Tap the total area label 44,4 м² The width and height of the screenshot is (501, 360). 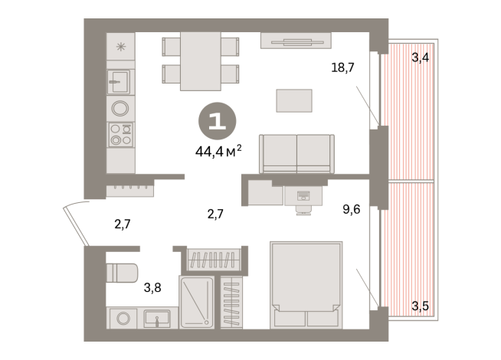218,149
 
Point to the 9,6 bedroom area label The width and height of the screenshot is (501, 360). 351,206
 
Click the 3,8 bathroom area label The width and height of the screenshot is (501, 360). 152,290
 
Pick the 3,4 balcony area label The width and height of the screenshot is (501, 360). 420,57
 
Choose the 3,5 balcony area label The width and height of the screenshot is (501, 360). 420,306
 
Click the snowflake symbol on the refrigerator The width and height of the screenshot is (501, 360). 120,46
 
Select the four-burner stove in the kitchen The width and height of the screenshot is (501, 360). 120,134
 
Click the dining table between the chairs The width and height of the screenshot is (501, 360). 200,61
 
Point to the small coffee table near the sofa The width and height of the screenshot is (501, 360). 294,100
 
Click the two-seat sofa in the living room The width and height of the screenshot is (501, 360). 296,153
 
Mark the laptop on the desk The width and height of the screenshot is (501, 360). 303,195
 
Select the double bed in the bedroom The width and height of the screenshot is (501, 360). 306,286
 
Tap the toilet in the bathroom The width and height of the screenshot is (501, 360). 121,272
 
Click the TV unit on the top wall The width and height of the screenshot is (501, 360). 296,41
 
